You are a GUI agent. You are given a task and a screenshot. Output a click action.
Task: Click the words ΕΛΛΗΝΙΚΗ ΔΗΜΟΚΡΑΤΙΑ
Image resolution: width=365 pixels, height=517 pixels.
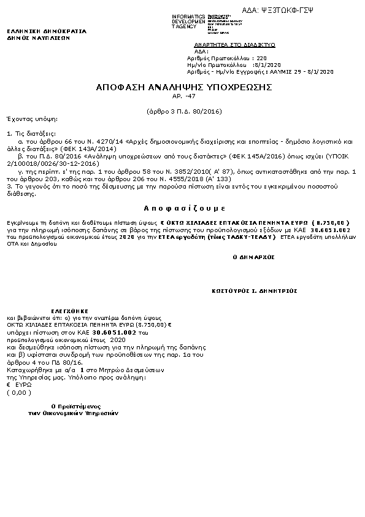tap(47, 31)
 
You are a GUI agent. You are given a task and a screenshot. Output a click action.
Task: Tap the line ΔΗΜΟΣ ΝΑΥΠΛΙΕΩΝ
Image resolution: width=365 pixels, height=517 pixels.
tap(39, 37)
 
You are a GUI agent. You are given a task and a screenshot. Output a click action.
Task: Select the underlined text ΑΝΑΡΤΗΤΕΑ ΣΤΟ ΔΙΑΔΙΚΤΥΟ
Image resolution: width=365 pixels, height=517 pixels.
tap(234, 45)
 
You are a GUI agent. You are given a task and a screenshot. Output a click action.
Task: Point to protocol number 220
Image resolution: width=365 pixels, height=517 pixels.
tap(262, 58)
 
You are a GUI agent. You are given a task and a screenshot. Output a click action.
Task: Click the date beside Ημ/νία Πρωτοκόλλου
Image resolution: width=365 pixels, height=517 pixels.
tap(267, 64)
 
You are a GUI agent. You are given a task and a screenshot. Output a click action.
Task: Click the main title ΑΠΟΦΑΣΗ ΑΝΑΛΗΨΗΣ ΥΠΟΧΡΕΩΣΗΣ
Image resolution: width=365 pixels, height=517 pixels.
tap(183, 88)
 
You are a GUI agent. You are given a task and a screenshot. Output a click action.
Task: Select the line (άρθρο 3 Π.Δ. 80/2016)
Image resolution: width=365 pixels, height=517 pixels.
tap(183, 111)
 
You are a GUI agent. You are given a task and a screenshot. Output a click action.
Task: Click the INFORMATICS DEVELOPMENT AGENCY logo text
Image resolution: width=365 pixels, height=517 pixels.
tap(188, 21)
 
